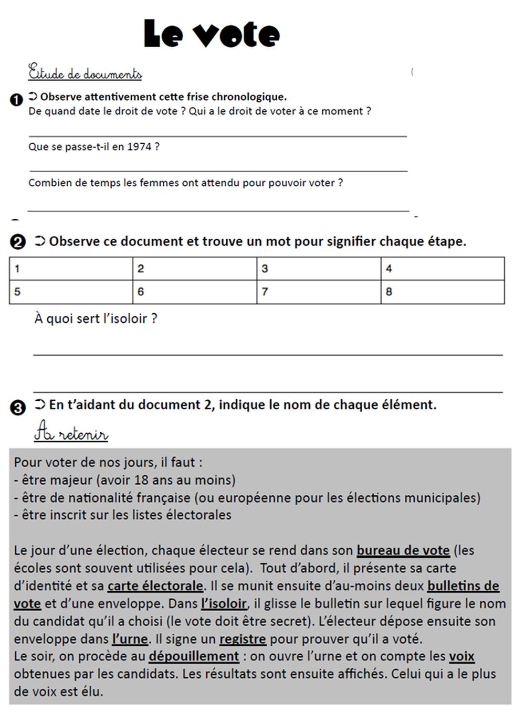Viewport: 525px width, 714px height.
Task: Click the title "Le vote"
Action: tap(212, 34)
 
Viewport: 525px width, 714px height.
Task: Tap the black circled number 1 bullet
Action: tap(16, 100)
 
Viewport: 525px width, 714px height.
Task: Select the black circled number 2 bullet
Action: tap(17, 242)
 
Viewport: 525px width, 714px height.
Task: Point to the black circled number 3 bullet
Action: tap(17, 408)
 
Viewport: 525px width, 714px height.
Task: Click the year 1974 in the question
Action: tap(139, 147)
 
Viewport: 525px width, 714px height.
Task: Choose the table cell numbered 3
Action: tap(318, 269)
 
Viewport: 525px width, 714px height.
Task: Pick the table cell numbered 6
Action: tap(194, 292)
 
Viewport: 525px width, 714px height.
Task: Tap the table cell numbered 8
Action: tap(442, 292)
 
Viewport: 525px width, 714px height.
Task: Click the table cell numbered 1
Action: tap(71, 269)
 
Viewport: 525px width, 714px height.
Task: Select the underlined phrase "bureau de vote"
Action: tap(403, 550)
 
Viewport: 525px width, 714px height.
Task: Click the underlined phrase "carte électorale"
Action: tap(155, 585)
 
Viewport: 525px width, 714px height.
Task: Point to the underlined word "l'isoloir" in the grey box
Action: tap(224, 603)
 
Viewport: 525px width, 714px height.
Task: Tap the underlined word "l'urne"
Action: tap(130, 639)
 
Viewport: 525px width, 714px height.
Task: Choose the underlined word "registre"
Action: tap(243, 639)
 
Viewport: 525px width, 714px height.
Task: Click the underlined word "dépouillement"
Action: tap(194, 656)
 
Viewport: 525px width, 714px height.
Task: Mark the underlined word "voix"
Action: tap(461, 656)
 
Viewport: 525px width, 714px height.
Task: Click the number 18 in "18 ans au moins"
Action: tap(141, 480)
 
